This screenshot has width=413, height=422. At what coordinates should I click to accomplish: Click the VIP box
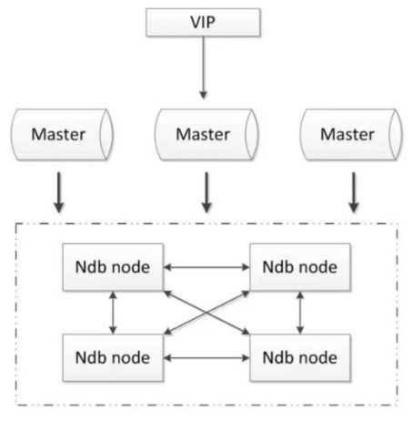click(x=203, y=22)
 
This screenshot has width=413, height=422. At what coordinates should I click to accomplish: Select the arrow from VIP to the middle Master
click(x=203, y=67)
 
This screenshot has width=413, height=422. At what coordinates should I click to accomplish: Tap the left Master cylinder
click(x=62, y=134)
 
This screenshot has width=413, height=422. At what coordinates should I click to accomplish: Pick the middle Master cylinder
click(x=206, y=134)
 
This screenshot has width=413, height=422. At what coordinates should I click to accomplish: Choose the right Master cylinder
click(x=351, y=134)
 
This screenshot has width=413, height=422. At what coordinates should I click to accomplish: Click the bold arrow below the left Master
click(x=59, y=192)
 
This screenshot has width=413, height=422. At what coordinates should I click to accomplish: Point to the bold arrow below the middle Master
click(x=206, y=192)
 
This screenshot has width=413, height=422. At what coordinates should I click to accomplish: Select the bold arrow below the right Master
click(x=354, y=192)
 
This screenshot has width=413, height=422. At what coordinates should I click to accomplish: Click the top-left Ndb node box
click(x=113, y=267)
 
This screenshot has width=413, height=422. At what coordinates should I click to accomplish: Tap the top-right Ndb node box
click(x=300, y=267)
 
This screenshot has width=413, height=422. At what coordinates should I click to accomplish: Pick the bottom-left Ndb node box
click(x=113, y=357)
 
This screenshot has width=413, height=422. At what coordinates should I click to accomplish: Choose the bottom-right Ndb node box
click(x=300, y=357)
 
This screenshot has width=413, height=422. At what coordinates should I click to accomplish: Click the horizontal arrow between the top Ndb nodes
click(x=206, y=267)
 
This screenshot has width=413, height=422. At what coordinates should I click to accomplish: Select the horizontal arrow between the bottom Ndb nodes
click(x=206, y=358)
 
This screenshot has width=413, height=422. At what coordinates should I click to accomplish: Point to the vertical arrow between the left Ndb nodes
click(x=113, y=313)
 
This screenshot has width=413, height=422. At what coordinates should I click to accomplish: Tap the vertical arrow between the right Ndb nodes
click(x=300, y=313)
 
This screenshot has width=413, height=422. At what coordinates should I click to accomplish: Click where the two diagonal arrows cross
click(x=206, y=313)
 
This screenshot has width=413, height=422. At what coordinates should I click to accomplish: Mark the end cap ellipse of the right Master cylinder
click(x=396, y=134)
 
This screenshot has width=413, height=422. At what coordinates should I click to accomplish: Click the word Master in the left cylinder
click(x=58, y=134)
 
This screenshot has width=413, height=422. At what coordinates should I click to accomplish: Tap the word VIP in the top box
click(x=203, y=22)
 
